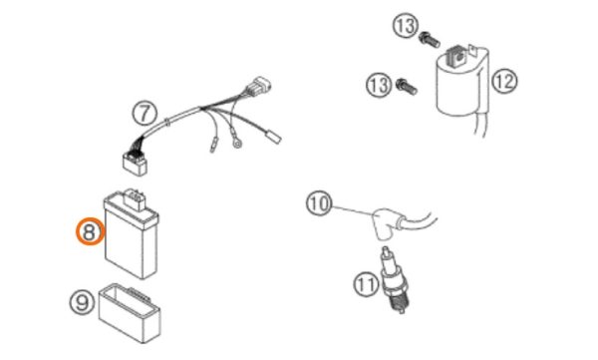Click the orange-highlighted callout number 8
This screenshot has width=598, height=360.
click(90, 232)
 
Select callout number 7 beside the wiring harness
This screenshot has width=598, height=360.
click(145, 114)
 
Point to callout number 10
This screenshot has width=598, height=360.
click(319, 204)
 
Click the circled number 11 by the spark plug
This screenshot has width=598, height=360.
click(366, 284)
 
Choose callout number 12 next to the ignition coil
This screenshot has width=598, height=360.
click(505, 81)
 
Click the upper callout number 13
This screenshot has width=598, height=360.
click(405, 26)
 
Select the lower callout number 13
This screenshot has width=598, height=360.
click(379, 85)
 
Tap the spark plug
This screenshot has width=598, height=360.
click(394, 280)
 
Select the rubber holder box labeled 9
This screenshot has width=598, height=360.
click(130, 312)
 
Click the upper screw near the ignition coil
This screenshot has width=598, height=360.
click(430, 40)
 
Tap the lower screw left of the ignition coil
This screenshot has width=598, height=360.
click(407, 87)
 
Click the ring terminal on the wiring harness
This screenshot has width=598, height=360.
click(237, 143)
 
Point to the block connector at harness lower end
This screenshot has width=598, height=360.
click(135, 162)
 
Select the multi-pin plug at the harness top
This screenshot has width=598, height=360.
click(259, 87)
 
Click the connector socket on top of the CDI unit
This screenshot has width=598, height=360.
click(135, 198)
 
